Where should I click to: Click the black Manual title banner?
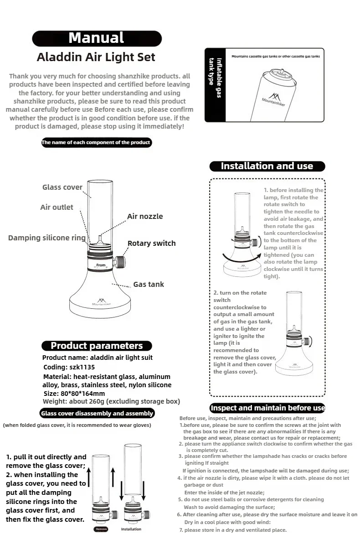pos(97,38)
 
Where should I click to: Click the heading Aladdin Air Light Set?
pos(96,57)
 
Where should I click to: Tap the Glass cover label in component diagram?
pos(62,187)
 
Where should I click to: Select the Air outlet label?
pos(57,207)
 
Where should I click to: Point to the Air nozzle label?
pos(145,216)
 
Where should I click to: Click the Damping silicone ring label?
pos(46,238)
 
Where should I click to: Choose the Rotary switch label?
pos(151,243)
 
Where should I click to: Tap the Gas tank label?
pos(149,284)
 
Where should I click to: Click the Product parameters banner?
pos(97,346)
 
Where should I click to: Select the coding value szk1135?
pos(82,367)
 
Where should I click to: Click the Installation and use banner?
pos(267,166)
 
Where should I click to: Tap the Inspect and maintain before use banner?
pos(267,408)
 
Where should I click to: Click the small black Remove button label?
pos(101,529)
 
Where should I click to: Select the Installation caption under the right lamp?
pos(131,529)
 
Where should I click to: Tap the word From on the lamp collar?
pos(101,265)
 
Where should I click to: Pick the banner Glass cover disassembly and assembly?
pos(97,414)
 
